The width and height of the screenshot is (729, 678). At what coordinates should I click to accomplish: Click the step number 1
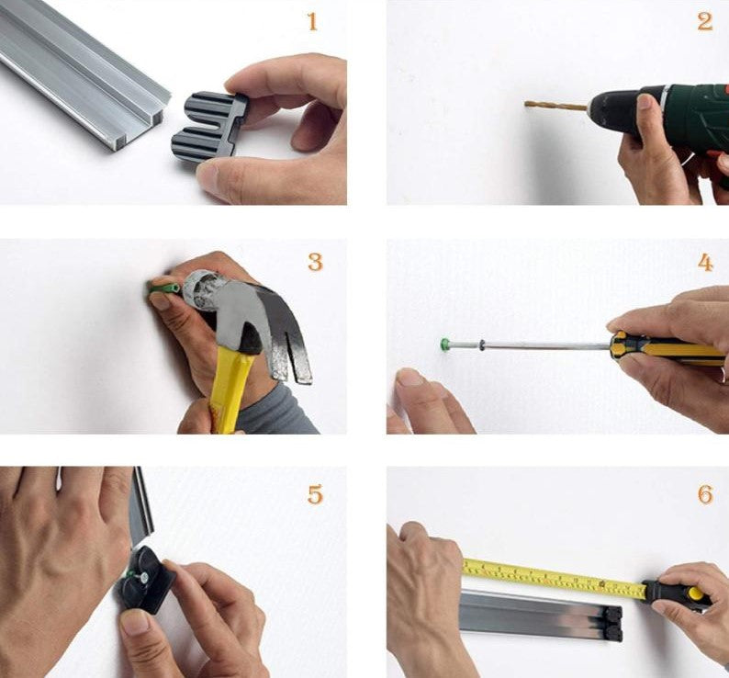[312, 22]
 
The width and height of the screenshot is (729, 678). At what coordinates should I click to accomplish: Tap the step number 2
[705, 22]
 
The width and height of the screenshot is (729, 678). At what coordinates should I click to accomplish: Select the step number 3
[315, 262]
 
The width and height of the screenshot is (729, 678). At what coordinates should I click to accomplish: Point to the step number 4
[705, 263]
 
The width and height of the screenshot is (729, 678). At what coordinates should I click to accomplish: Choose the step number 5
[315, 494]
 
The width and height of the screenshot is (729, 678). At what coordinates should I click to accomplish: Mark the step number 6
[705, 494]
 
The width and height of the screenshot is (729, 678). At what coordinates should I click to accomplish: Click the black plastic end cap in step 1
[207, 125]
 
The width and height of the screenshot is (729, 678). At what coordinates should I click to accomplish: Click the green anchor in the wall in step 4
[445, 344]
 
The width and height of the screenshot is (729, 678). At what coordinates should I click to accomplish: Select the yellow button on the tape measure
[696, 593]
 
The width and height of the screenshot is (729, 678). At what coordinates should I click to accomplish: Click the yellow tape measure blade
[555, 578]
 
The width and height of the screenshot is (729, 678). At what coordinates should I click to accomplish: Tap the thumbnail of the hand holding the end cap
[207, 176]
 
